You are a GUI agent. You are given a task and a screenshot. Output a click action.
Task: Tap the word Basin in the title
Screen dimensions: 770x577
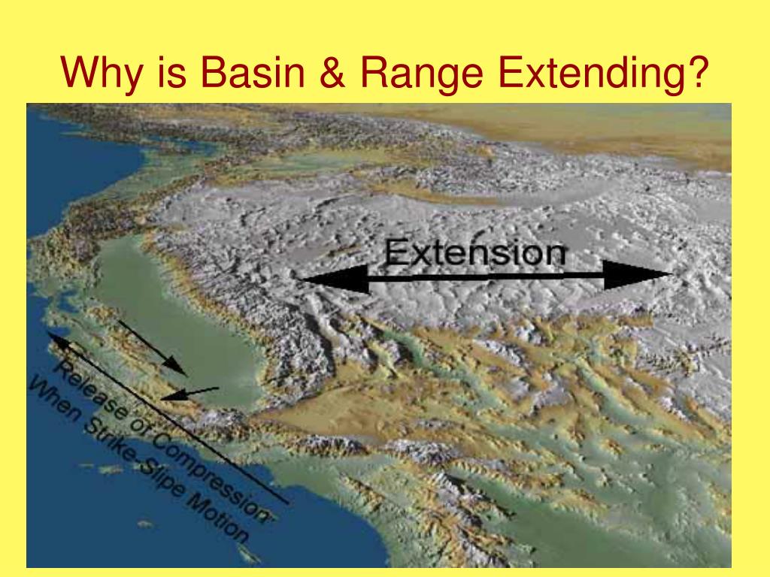click(253, 72)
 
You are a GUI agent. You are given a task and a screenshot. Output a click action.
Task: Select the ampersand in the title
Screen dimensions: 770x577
click(332, 72)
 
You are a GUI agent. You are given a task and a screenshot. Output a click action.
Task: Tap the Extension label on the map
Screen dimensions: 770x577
click(475, 252)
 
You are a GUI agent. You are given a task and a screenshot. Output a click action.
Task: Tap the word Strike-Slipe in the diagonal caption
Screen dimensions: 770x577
click(134, 456)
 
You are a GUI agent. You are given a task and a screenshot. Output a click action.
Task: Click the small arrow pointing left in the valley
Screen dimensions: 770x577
click(190, 394)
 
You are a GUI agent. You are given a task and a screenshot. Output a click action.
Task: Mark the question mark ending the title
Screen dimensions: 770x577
click(698, 71)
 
